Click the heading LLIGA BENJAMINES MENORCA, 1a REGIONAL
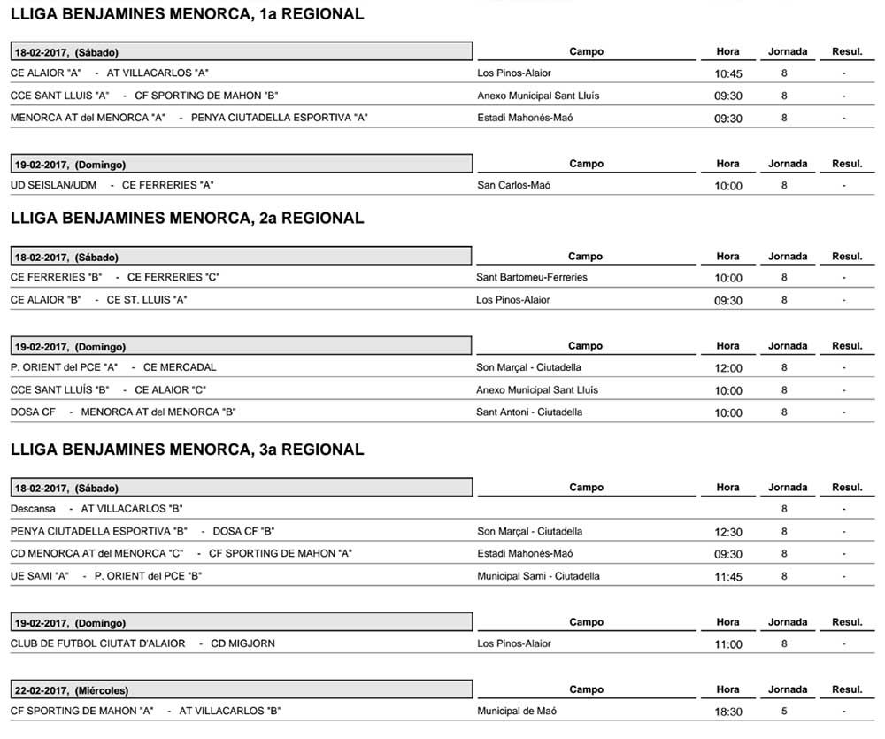tap(187, 14)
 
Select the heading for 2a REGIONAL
tap(187, 219)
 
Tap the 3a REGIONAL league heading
tap(187, 450)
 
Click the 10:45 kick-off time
tap(727, 74)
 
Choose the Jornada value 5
tap(784, 712)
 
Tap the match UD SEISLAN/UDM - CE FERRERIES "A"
tap(112, 186)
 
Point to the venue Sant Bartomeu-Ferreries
tap(531, 278)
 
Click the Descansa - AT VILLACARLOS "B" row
tap(96, 509)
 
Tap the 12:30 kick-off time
tap(727, 533)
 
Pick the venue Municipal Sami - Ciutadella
tap(538, 577)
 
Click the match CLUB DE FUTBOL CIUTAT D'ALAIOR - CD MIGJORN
tap(142, 643)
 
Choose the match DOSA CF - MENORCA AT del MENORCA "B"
tap(123, 412)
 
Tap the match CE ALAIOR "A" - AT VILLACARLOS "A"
tap(110, 73)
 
